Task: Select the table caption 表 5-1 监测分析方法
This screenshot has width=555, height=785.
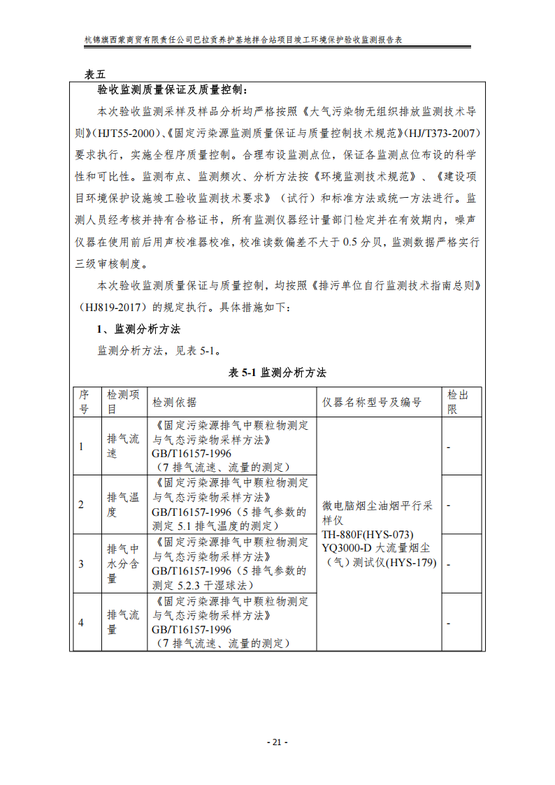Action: coord(277,373)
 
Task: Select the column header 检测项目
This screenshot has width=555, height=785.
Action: coord(123,402)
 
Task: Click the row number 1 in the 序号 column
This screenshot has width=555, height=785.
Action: coord(81,446)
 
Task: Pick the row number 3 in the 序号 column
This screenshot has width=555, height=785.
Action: coord(81,563)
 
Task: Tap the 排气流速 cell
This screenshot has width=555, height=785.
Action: coord(123,446)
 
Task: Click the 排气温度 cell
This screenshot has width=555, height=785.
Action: coord(123,505)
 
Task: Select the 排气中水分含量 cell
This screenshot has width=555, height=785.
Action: coord(123,563)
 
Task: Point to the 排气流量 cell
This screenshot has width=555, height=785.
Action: coord(123,622)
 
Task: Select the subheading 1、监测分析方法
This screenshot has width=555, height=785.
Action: coord(138,329)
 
